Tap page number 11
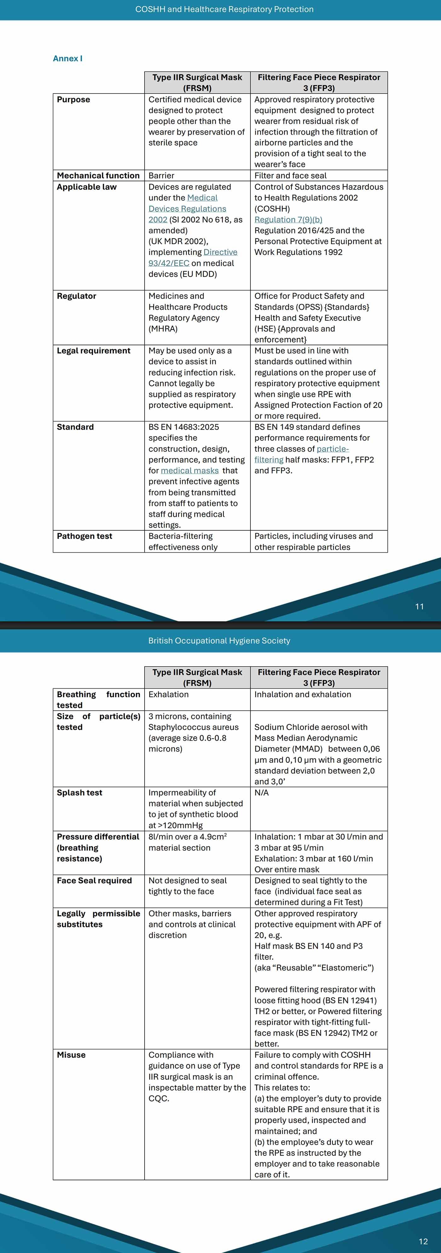point(419,606)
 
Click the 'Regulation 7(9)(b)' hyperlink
point(288,219)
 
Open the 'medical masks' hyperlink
point(189,470)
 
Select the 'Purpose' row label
point(73,99)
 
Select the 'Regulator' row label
point(77,296)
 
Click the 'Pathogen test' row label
point(84,536)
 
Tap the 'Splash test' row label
point(79,792)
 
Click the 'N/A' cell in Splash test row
point(261,792)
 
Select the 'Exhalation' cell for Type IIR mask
point(169,694)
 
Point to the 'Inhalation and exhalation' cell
point(302,694)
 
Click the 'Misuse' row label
point(71,1054)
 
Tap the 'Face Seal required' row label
point(94,880)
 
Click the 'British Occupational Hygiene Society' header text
point(219,641)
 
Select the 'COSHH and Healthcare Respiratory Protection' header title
point(224,9)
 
